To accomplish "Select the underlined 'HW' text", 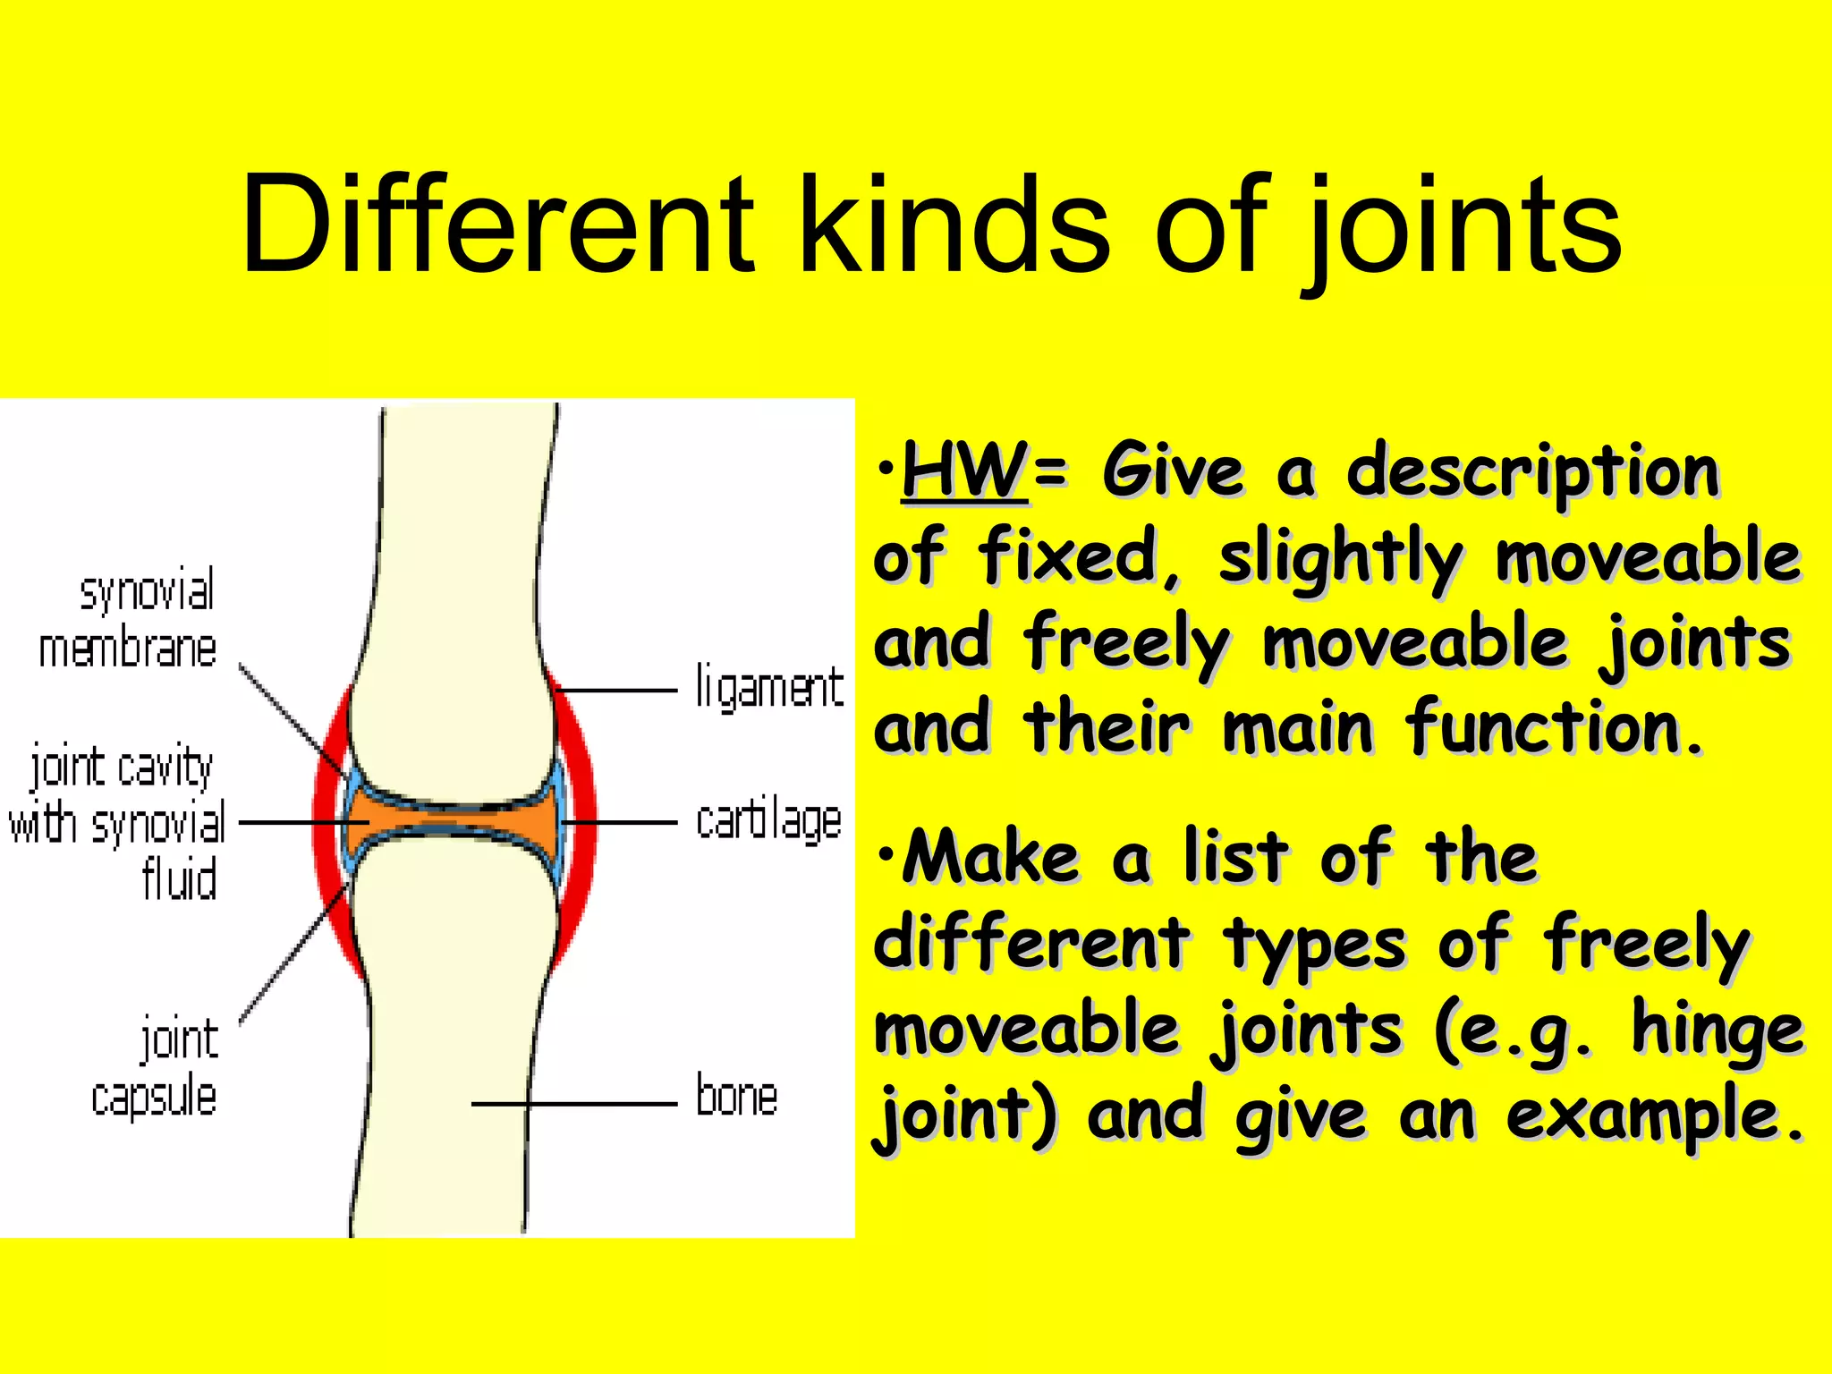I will [x=964, y=471].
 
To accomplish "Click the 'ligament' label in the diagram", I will [x=769, y=690].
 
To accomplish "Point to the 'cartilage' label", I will [x=768, y=821].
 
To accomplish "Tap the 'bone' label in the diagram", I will [x=736, y=1097].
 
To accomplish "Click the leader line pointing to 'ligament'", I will [x=617, y=691].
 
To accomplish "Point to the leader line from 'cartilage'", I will [x=622, y=821].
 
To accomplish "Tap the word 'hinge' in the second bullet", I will [x=1717, y=1029].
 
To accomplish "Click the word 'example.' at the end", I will [x=1655, y=1115].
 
